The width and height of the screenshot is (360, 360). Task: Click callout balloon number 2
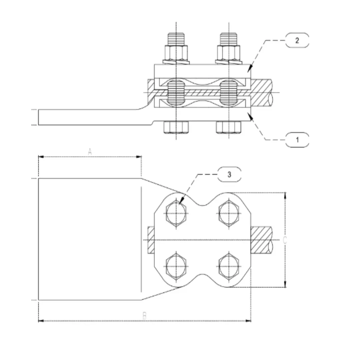pos(297,40)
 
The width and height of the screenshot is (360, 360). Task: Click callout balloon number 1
pos(297,140)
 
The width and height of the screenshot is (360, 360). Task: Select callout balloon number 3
pos(229,174)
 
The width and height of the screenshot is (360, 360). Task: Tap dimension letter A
pos(90,152)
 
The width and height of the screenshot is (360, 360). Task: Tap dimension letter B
pos(144,315)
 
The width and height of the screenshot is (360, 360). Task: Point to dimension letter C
pos(284,240)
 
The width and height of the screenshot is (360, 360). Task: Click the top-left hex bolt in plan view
pos(176,213)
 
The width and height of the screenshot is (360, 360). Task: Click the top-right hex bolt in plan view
pos(229,213)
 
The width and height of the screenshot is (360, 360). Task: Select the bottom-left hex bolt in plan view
pos(176,267)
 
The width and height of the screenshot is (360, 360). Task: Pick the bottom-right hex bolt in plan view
pos(229,267)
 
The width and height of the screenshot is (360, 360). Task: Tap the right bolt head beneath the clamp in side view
pos(229,127)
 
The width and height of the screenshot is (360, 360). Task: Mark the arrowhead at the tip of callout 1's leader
pos(249,114)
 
